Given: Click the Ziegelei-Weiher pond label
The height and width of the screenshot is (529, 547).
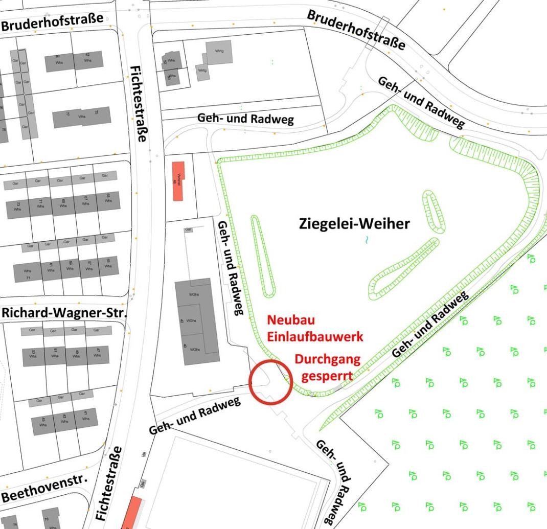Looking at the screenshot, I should click(354, 223).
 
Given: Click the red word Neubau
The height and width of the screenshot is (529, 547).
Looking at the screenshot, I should click(291, 320).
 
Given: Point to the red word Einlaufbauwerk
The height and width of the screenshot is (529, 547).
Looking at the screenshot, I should click(315, 336).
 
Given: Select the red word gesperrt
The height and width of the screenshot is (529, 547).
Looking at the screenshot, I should click(327, 376).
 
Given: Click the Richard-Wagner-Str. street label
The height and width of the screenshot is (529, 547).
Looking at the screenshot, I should click(64, 312).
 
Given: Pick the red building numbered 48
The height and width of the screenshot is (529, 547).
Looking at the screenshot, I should click(178, 181).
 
